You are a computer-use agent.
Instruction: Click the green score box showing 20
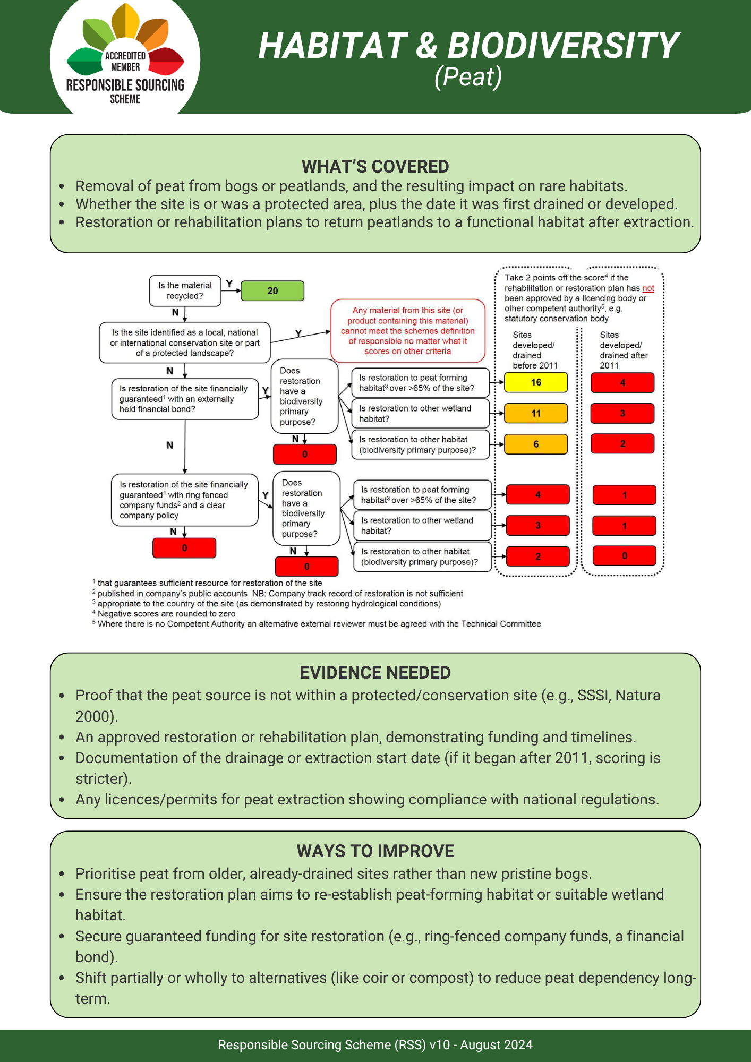click(272, 291)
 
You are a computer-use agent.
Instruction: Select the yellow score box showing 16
click(536, 382)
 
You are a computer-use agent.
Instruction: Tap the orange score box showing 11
click(536, 413)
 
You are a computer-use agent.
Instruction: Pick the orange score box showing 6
click(536, 444)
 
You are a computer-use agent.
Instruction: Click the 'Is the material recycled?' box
click(185, 291)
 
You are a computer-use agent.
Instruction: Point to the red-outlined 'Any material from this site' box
click(408, 331)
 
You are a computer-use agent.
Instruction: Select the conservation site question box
click(185, 343)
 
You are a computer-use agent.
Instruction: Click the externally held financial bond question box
click(185, 399)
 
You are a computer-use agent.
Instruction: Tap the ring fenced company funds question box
click(185, 500)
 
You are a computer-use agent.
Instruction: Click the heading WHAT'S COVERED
click(375, 167)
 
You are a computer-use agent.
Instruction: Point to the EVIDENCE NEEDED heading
click(375, 673)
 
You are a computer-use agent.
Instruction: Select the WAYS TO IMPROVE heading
click(375, 851)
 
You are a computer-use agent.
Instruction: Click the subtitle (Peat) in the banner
click(468, 77)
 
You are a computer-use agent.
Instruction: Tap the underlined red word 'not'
click(648, 288)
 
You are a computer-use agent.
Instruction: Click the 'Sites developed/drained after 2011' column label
click(624, 350)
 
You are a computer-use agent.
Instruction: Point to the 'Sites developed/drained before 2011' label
click(535, 350)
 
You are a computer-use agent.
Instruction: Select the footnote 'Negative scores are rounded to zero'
click(166, 614)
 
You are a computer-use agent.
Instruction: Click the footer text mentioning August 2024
click(375, 1045)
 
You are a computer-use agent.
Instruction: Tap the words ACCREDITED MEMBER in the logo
click(125, 62)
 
